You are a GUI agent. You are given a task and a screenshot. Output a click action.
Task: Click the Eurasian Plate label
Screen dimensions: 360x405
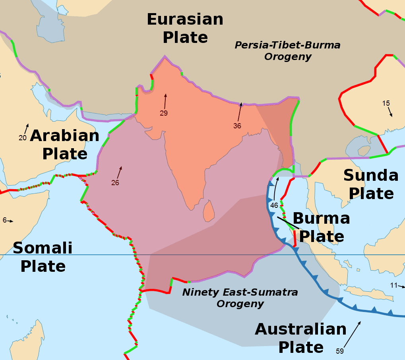coord(185,28)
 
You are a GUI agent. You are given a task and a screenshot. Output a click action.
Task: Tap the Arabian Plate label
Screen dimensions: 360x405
coord(65,144)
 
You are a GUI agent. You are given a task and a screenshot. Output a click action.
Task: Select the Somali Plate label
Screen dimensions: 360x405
coord(43,257)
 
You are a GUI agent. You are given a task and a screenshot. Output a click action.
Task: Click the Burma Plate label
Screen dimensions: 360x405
coord(321,227)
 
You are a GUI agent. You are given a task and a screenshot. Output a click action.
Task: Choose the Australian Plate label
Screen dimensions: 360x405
coord(301,338)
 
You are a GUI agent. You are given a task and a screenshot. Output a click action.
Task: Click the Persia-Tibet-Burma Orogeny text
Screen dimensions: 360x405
coord(288,51)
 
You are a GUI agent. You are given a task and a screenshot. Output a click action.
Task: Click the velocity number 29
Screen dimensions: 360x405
coord(164,113)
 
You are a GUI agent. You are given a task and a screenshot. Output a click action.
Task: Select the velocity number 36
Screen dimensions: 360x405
coord(237,126)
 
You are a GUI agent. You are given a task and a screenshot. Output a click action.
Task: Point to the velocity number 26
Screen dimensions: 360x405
coord(115,183)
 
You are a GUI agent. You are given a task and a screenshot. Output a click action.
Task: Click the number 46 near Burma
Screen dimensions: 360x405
coord(274,205)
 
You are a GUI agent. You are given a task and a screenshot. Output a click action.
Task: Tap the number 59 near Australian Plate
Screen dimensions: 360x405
coord(339,351)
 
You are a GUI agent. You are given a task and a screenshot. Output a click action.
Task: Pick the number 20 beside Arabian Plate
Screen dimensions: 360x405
coord(23,138)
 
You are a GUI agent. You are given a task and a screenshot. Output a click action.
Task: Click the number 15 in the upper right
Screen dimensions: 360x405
coord(386,103)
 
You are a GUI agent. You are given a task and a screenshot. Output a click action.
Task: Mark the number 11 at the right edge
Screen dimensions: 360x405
coord(393,285)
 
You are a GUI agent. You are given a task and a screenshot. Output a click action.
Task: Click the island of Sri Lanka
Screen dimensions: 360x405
coord(209,210)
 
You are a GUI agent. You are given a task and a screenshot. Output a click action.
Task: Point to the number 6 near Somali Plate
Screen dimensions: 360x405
coord(4,220)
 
